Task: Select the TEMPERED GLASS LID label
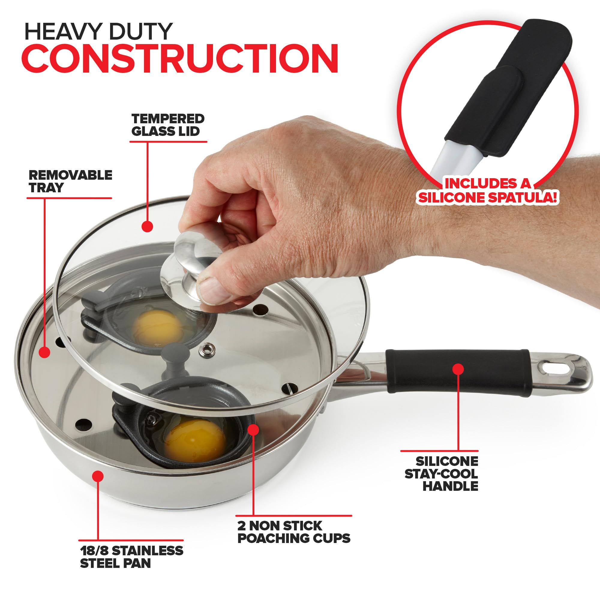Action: click(x=168, y=125)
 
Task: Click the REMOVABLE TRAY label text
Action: click(x=70, y=181)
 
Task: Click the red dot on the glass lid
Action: click(x=148, y=226)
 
